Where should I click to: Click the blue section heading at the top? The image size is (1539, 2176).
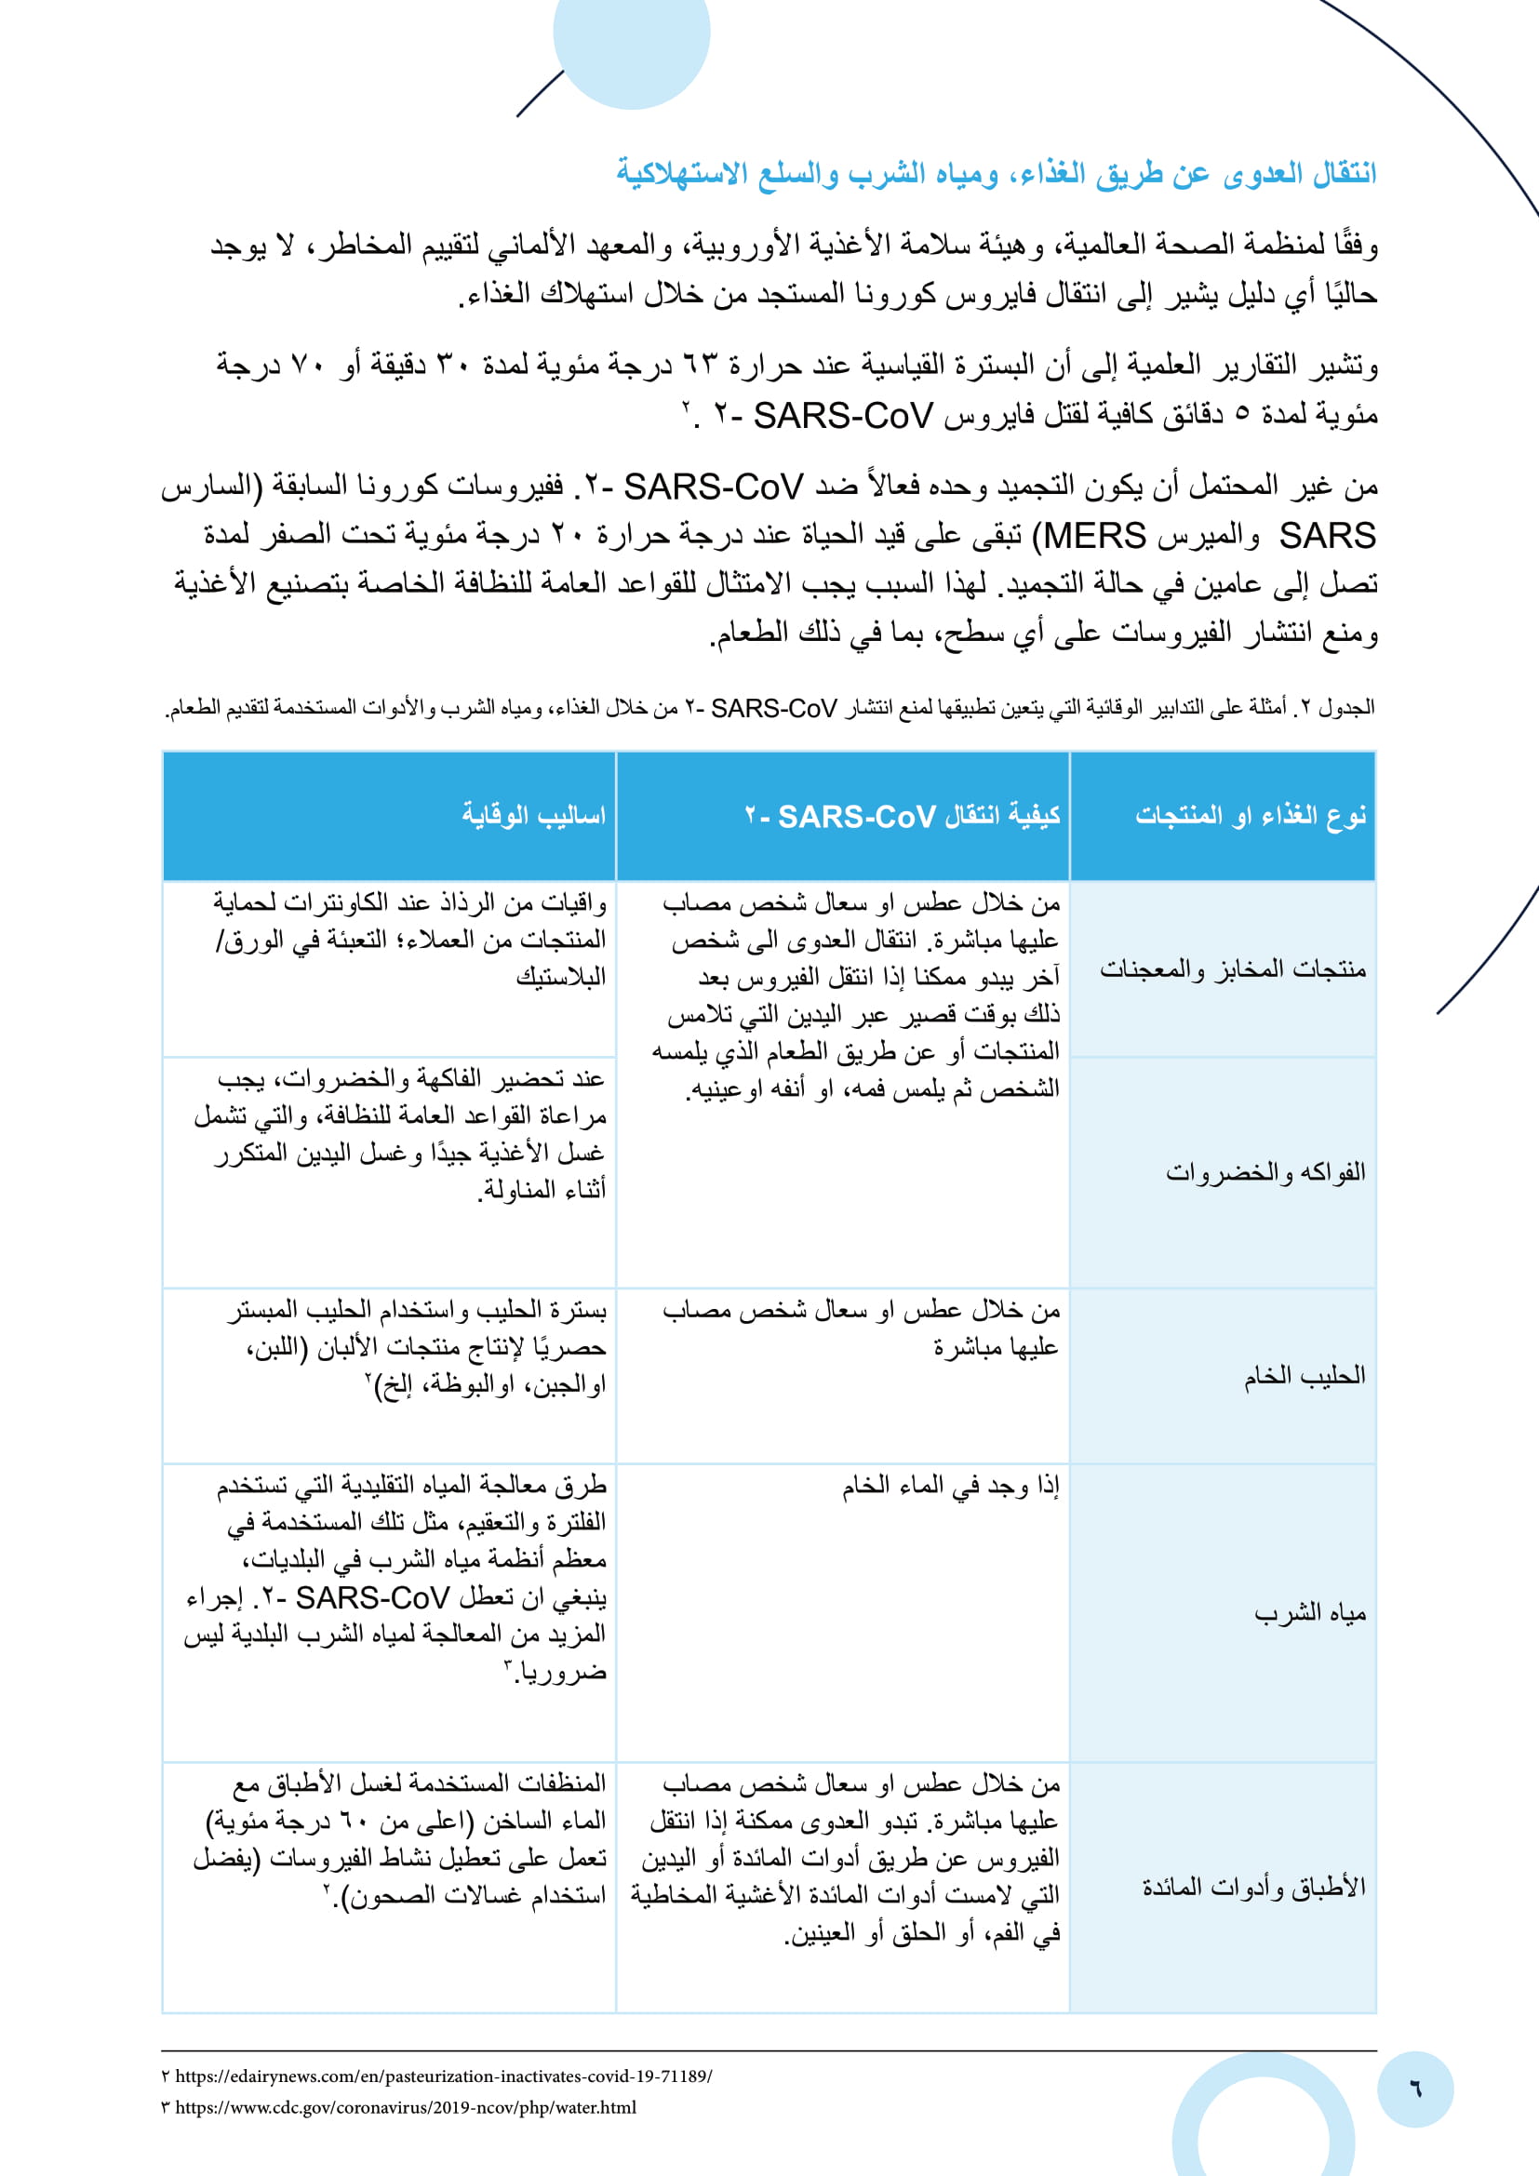pos(995,174)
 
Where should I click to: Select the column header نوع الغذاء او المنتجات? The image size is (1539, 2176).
pos(1250,815)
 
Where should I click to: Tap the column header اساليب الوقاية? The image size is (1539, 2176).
pos(533,815)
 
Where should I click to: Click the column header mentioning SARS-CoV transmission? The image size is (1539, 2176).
pos(902,816)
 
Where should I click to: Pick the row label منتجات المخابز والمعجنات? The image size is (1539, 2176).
pos(1232,968)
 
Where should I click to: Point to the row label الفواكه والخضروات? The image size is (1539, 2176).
pos(1265,1172)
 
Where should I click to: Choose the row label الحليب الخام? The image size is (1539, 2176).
pos(1304,1375)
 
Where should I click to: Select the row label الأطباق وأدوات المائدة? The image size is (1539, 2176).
pos(1252,1887)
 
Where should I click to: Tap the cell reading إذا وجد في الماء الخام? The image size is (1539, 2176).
pos(951,1486)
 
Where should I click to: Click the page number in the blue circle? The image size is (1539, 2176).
pos(1415,2089)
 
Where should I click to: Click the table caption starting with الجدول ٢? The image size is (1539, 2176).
pos(769,708)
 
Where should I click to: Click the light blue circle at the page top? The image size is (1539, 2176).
pos(632,38)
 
